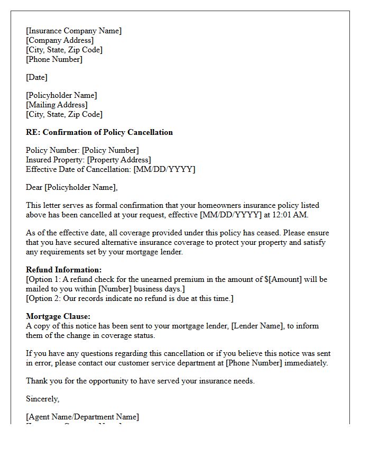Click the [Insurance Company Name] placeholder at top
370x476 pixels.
tap(73, 31)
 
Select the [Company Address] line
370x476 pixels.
tap(60, 40)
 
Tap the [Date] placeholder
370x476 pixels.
tap(36, 77)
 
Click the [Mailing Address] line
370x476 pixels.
tap(57, 105)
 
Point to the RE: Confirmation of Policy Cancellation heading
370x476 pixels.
tap(99, 132)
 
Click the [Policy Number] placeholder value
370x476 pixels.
tap(110, 150)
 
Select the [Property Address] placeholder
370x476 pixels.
tap(119, 160)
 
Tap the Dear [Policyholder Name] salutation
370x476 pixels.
tap(72, 187)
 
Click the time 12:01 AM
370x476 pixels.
tap(293, 215)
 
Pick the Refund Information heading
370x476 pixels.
tap(64, 270)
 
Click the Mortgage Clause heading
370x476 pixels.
tap(58, 316)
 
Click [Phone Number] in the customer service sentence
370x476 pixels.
tap(254, 363)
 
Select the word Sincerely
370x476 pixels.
tap(43, 399)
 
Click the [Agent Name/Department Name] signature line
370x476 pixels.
tap(82, 417)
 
